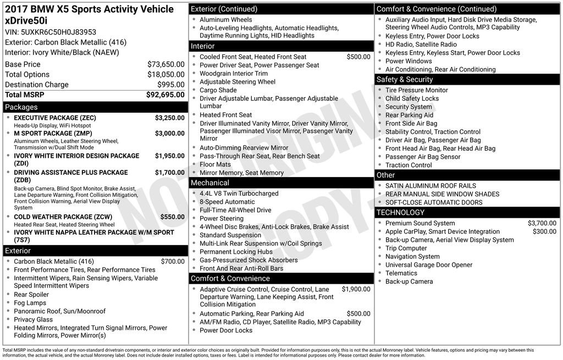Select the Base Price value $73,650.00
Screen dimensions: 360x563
tap(165, 64)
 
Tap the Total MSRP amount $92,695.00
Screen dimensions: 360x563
tap(165, 95)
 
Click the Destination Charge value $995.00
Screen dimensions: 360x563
tap(170, 85)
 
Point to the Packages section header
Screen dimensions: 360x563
tap(21, 107)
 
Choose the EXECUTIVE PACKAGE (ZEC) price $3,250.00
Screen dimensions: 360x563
tap(169, 118)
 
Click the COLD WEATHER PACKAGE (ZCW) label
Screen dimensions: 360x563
tap(63, 217)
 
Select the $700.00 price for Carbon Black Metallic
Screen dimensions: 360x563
tap(173, 262)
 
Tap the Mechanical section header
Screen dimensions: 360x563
tap(209, 182)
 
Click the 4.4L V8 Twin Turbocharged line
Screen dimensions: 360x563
tap(239, 193)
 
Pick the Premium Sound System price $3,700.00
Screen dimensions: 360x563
tap(542, 223)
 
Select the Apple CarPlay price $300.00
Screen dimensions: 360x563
tap(544, 231)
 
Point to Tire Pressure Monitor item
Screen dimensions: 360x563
tap(416, 90)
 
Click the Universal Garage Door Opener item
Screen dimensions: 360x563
tap(428, 264)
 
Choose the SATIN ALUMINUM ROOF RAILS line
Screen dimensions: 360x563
tap(430, 186)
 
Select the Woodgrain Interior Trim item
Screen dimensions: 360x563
tap(233, 73)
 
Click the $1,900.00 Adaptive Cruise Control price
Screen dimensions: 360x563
tap(356, 289)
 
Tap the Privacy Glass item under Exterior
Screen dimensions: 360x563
tap(33, 319)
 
